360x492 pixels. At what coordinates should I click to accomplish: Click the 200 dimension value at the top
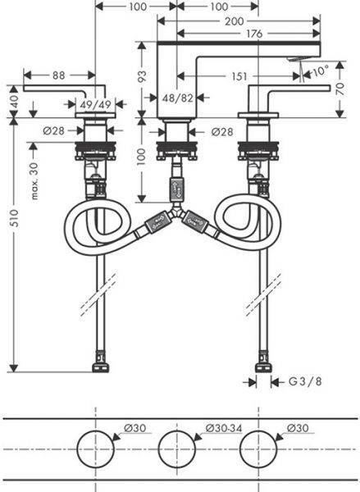point(235,21)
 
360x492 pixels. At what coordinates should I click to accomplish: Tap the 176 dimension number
point(254,34)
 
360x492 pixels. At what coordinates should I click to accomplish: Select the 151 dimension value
point(239,76)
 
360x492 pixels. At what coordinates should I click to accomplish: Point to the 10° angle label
point(321,71)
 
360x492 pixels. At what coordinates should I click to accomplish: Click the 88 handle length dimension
point(59,75)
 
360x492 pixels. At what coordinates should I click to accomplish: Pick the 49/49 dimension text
point(95,104)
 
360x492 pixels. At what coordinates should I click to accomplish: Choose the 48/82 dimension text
point(177,98)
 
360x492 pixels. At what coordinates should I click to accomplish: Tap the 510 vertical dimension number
point(15,218)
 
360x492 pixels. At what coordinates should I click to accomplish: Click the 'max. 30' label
point(34,181)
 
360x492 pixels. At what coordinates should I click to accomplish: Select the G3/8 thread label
point(305,381)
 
